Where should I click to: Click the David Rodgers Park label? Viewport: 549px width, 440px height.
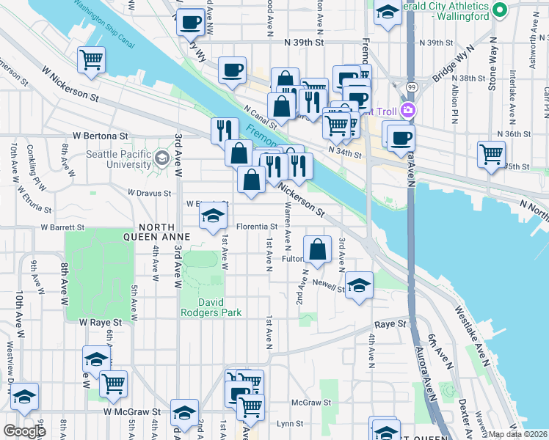211,307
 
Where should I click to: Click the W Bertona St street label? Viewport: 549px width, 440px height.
100,136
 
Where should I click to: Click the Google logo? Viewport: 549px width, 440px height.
24,430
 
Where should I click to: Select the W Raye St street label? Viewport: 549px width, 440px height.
103,322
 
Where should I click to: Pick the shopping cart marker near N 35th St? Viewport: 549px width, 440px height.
491,154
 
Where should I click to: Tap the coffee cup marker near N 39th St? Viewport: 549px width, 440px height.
233,70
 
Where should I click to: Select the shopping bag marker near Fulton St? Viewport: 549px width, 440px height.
317,249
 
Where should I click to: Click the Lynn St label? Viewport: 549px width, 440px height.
285,424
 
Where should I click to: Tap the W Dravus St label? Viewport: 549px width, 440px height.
149,192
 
